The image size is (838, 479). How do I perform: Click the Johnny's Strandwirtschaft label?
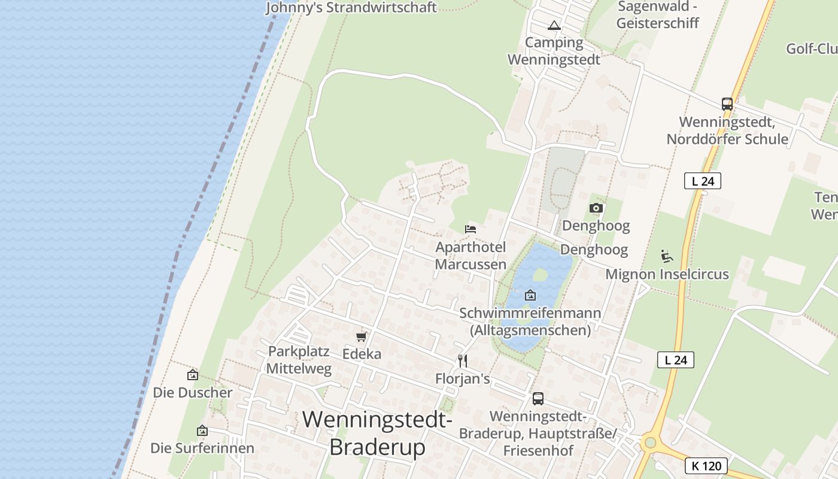coord(351,8)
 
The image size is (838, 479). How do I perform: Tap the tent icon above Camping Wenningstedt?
coord(554,26)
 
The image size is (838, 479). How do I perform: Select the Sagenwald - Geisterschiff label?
coord(658,15)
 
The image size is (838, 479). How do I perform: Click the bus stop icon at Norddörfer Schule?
coord(727,104)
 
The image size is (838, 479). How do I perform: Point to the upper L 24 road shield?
coord(703,181)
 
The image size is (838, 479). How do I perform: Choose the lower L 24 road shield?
coord(676,360)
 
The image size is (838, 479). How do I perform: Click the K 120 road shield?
coord(706,466)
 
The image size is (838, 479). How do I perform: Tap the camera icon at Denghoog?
coord(596,208)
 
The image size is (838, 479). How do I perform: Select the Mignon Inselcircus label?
coord(667,274)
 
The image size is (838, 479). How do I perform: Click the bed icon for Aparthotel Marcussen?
coord(470,229)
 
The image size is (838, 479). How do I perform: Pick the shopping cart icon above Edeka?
coord(361,336)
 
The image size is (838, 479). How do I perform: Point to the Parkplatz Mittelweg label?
coord(299,360)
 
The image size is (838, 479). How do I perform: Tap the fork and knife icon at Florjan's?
coord(462,360)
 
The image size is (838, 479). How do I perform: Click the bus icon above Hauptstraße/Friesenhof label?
coord(538,398)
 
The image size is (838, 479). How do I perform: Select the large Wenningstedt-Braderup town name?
coord(377,433)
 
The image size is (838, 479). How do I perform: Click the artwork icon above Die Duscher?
coord(193,375)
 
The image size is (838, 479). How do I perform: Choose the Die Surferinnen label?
coord(202,448)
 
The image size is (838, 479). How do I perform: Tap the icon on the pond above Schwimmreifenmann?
coord(530,295)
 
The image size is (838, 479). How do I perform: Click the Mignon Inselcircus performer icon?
coord(667,256)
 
